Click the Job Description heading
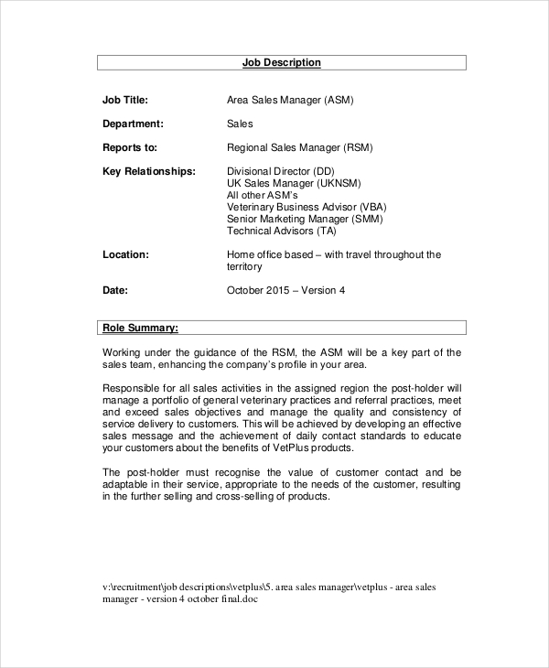(281, 62)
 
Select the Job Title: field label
(124, 100)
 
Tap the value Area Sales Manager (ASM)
(289, 100)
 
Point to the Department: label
(133, 124)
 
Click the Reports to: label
(130, 147)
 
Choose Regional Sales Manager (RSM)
(299, 147)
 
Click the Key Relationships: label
(148, 171)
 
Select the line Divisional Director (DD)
(280, 171)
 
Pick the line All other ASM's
(262, 195)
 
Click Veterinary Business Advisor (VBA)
(307, 207)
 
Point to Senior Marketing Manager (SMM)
(305, 219)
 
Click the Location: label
(125, 254)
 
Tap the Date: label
(115, 290)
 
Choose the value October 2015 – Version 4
(285, 290)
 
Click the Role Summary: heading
(140, 327)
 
